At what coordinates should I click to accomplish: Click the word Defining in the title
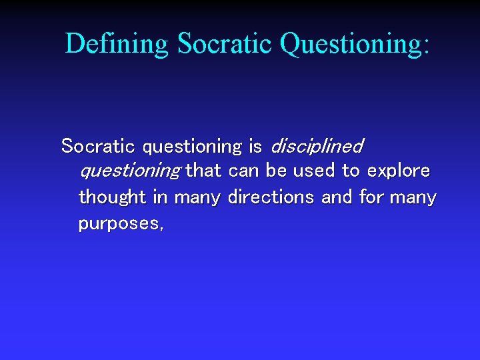(x=117, y=44)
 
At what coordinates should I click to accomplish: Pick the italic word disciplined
(x=316, y=145)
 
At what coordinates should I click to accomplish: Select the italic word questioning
(x=129, y=171)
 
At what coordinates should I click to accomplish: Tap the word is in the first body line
(x=255, y=145)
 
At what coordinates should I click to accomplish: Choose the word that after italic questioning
(x=203, y=171)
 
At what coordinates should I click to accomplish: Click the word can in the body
(x=244, y=171)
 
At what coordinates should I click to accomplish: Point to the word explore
(x=399, y=171)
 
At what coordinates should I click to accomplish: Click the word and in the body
(x=337, y=197)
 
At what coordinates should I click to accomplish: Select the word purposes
(x=117, y=224)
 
